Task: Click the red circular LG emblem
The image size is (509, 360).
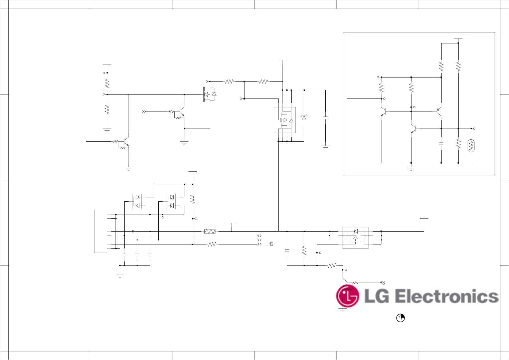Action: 348,296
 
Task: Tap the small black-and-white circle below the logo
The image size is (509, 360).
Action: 400,318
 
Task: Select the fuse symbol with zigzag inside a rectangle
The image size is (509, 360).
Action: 210,231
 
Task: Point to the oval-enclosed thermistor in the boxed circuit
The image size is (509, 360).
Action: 471,146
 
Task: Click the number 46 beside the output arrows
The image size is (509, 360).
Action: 271,244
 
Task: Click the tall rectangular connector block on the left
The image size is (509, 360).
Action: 101,231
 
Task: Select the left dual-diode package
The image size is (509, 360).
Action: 137,201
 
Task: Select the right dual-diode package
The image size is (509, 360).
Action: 171,201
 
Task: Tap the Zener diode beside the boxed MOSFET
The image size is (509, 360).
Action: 304,118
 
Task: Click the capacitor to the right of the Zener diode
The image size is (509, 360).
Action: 325,118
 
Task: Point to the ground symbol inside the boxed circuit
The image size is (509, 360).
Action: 411,168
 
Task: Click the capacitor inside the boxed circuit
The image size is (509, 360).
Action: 441,144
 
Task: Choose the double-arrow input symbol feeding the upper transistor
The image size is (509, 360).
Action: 144,112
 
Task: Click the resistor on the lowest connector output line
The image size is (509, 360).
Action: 212,244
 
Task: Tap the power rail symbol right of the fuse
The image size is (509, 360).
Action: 231,223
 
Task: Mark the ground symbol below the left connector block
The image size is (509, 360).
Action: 120,276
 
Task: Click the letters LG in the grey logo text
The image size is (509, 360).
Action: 377,297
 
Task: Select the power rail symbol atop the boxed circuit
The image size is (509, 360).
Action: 458,39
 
